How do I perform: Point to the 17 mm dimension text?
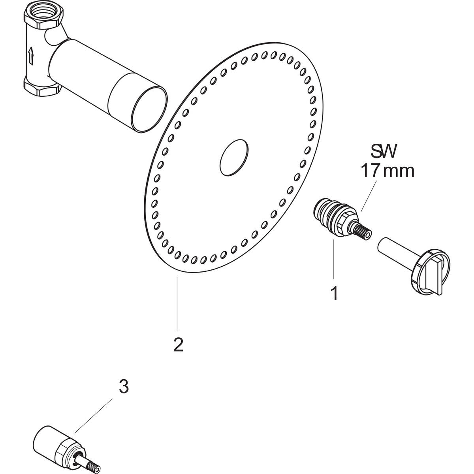click(x=387, y=171)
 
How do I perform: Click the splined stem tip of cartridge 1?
click(x=363, y=231)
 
